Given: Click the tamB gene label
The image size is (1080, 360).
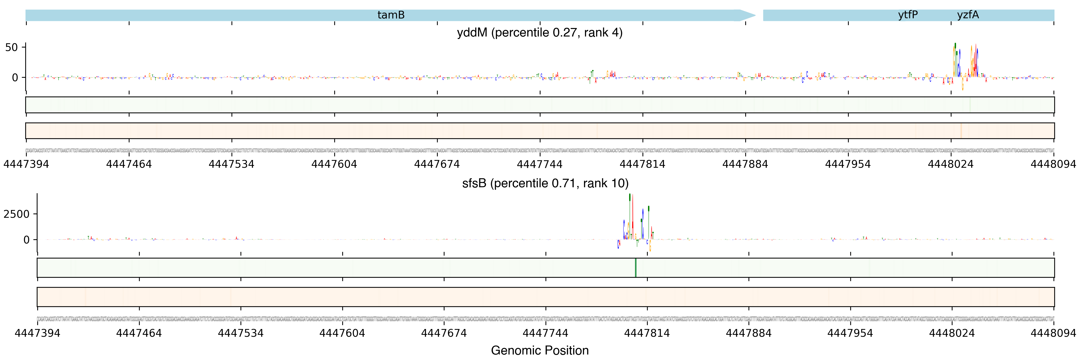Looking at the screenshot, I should pyautogui.click(x=391, y=15).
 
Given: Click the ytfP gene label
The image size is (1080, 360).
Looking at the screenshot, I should pyautogui.click(x=908, y=15).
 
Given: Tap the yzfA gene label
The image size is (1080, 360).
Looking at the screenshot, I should pyautogui.click(x=968, y=15).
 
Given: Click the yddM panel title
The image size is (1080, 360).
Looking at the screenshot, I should pyautogui.click(x=539, y=33).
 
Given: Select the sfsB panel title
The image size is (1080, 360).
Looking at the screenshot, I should pyautogui.click(x=545, y=183).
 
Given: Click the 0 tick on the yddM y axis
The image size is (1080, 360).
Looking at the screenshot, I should pyautogui.click(x=15, y=77).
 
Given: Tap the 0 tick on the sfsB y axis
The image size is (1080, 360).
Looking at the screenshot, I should pyautogui.click(x=26, y=240).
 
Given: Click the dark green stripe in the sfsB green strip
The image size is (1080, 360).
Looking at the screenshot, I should pyautogui.click(x=635, y=267).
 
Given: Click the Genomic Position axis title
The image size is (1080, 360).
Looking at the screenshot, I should pyautogui.click(x=539, y=350).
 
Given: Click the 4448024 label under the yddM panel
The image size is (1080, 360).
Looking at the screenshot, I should pyautogui.click(x=950, y=164).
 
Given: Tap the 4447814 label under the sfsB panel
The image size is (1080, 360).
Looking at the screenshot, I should pyautogui.click(x=647, y=333).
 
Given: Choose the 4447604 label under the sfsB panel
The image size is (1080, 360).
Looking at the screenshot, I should pyautogui.click(x=342, y=333).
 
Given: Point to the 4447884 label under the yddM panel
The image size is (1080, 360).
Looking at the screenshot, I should pyautogui.click(x=745, y=164).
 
